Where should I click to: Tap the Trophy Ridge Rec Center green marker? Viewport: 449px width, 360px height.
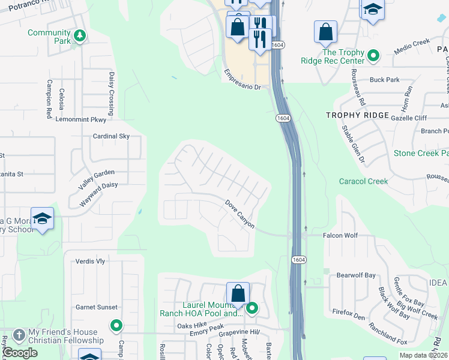373,56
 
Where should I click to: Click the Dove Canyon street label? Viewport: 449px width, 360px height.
240,214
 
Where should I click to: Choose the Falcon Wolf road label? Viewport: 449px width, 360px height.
340,236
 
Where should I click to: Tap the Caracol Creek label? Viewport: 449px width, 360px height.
363,181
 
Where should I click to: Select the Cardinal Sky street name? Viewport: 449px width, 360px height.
111,136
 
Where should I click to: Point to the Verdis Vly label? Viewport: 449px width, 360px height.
91,261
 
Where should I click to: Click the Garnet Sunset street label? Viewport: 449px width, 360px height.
97,307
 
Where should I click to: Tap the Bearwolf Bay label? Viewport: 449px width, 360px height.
356,275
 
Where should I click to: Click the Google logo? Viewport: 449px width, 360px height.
20,352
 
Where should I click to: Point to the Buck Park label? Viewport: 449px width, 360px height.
385,79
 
